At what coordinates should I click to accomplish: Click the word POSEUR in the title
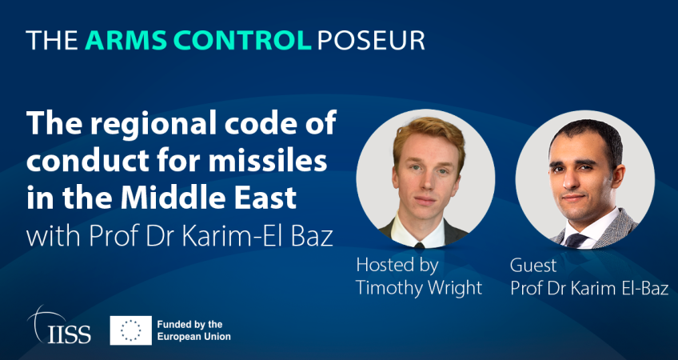(371, 41)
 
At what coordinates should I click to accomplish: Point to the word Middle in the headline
(177, 198)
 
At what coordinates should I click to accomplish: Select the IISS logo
(59, 325)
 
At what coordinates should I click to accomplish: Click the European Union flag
(130, 330)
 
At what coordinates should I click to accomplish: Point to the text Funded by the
(189, 324)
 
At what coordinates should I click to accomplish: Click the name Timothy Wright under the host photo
(419, 287)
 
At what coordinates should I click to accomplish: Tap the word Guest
(533, 266)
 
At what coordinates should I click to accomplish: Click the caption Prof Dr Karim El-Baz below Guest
(589, 289)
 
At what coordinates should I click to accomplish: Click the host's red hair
(428, 134)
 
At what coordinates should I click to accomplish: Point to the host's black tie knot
(419, 245)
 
